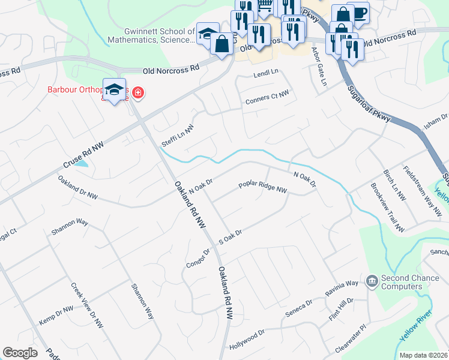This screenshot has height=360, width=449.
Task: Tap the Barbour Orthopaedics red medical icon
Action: pyautogui.click(x=138, y=92)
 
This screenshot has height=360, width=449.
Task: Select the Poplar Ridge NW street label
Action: pyautogui.click(x=263, y=188)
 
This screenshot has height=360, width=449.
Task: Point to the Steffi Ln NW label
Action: pyautogui.click(x=178, y=137)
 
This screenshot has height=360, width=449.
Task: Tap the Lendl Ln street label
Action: pyautogui.click(x=266, y=72)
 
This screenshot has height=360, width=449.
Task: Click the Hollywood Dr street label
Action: pyautogui.click(x=247, y=340)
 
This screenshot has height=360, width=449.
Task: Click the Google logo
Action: pyautogui.click(x=20, y=353)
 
